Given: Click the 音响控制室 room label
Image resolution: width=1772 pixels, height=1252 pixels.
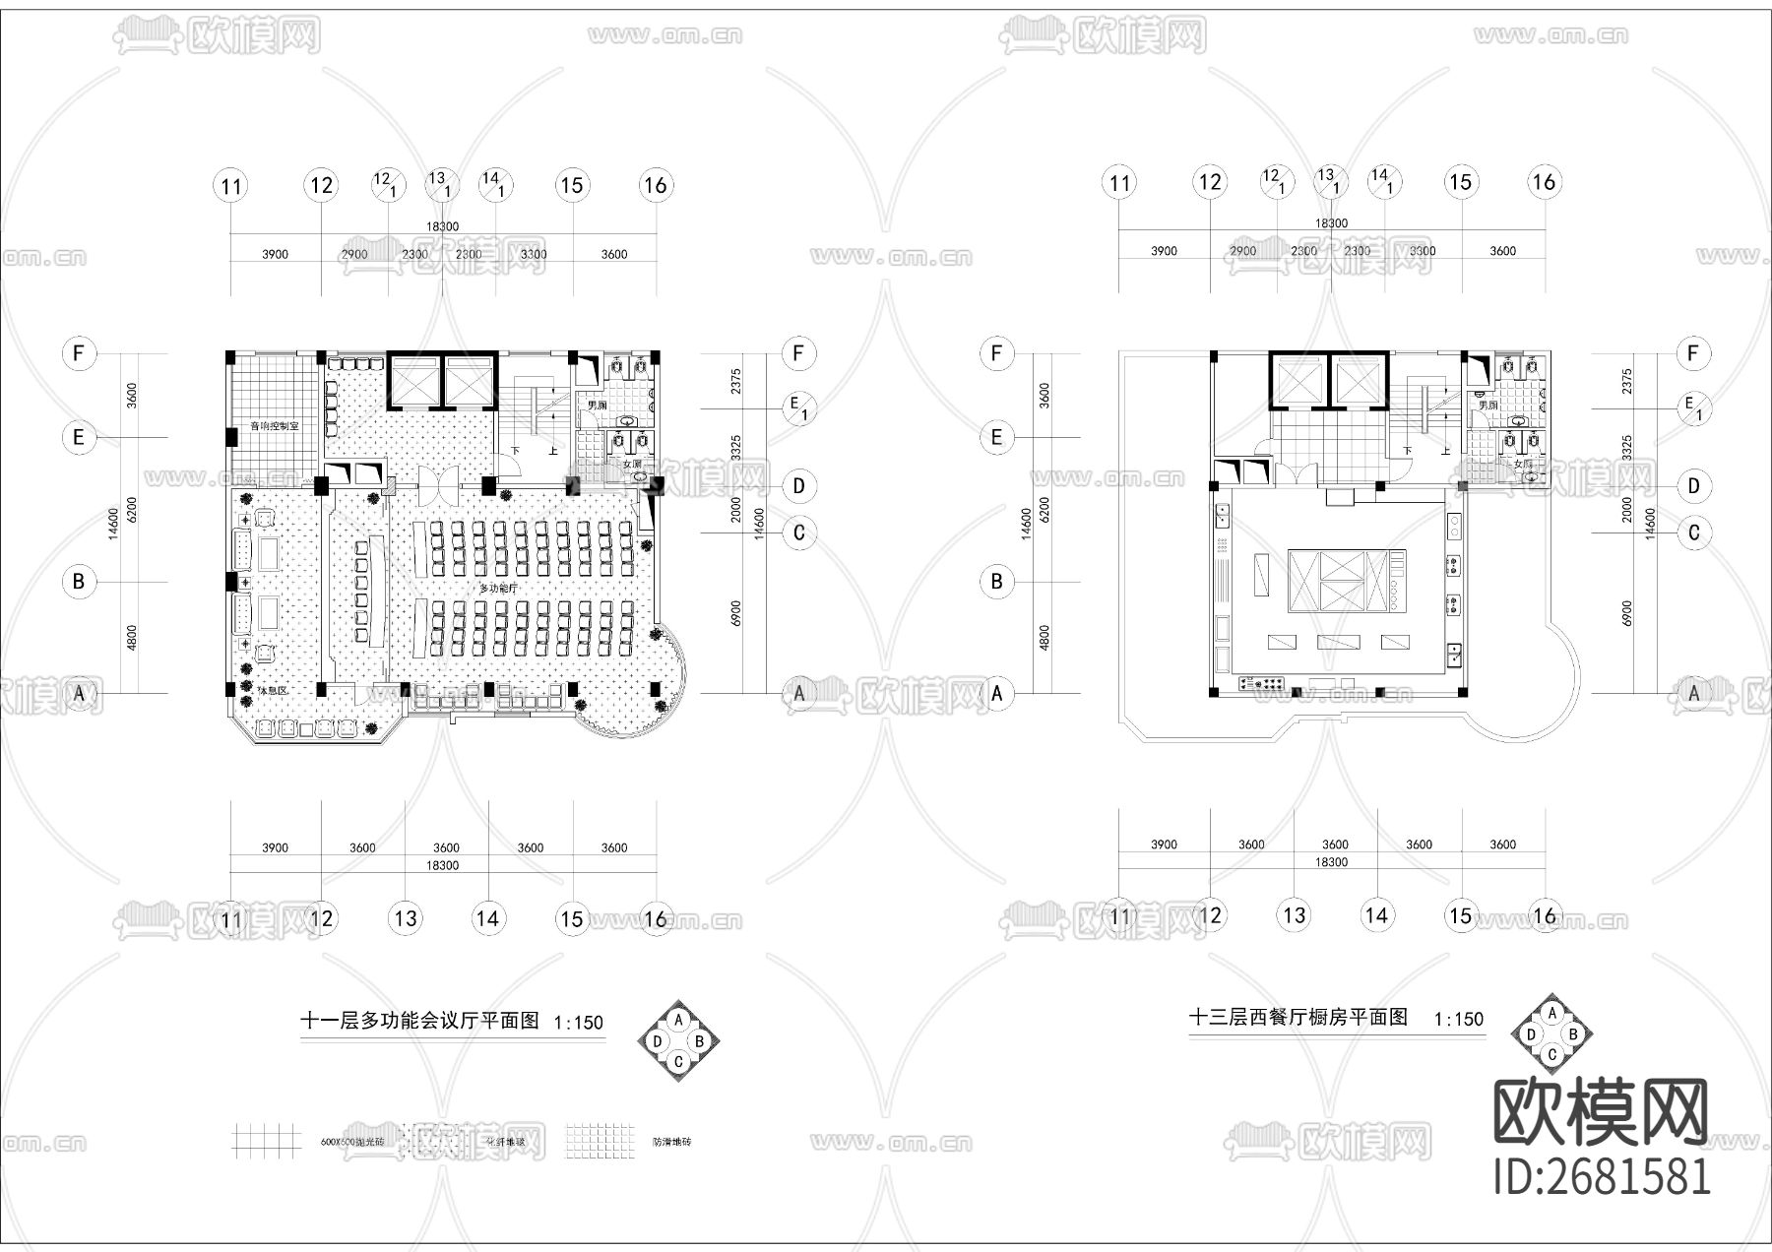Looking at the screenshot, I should [x=274, y=426].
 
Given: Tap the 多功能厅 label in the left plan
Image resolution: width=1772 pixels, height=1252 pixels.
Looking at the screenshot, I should [x=498, y=588].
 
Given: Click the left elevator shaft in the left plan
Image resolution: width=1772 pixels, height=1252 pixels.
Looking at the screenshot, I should [x=414, y=382].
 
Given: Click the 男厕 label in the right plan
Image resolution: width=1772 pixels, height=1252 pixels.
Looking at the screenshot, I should [x=1487, y=405].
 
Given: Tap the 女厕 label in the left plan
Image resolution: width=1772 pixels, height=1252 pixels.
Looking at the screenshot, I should [x=631, y=464].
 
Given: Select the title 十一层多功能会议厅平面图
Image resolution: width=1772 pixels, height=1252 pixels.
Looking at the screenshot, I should [x=419, y=1021].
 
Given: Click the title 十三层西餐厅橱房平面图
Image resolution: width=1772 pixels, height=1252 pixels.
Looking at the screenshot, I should [x=1298, y=1017].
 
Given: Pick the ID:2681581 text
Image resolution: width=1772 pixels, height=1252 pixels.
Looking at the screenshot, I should [x=1602, y=1176].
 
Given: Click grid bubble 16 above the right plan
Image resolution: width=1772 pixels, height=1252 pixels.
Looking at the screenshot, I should [x=1544, y=182].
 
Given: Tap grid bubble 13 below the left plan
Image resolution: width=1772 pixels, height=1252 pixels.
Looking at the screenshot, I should [x=406, y=918].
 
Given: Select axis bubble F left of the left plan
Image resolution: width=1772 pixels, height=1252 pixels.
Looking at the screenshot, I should [x=79, y=353].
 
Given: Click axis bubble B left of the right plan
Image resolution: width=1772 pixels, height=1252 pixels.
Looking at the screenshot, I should [x=996, y=581].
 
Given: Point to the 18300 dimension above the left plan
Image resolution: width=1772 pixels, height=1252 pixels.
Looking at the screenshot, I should [x=442, y=226].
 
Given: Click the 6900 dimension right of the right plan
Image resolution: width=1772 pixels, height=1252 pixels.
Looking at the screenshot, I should [x=1626, y=612].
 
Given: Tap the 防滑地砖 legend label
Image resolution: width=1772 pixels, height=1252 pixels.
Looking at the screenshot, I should [x=671, y=1143].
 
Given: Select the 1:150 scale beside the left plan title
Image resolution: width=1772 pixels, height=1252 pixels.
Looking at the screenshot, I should [x=578, y=1023].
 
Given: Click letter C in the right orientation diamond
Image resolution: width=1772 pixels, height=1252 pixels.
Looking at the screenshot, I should [x=1551, y=1055].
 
